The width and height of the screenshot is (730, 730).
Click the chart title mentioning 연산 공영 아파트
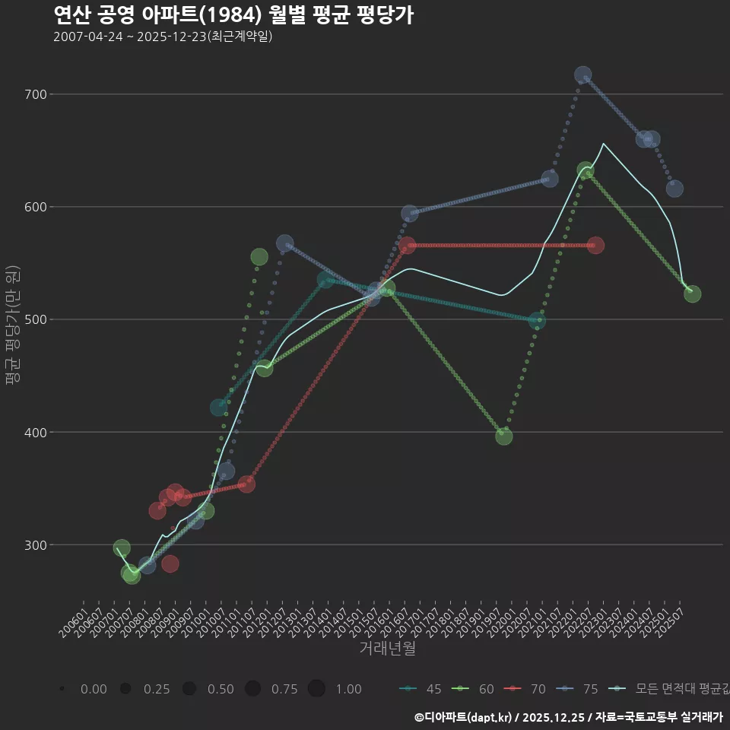(x=233, y=15)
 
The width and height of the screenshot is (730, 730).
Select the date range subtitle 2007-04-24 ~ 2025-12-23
(x=163, y=36)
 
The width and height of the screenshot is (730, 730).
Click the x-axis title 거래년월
(x=387, y=649)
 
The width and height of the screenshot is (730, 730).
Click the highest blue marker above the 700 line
(x=583, y=75)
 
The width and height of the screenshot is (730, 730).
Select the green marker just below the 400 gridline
(x=504, y=436)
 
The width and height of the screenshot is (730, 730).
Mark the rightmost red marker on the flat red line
(x=595, y=245)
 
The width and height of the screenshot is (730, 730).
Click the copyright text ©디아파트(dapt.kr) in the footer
(x=464, y=717)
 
